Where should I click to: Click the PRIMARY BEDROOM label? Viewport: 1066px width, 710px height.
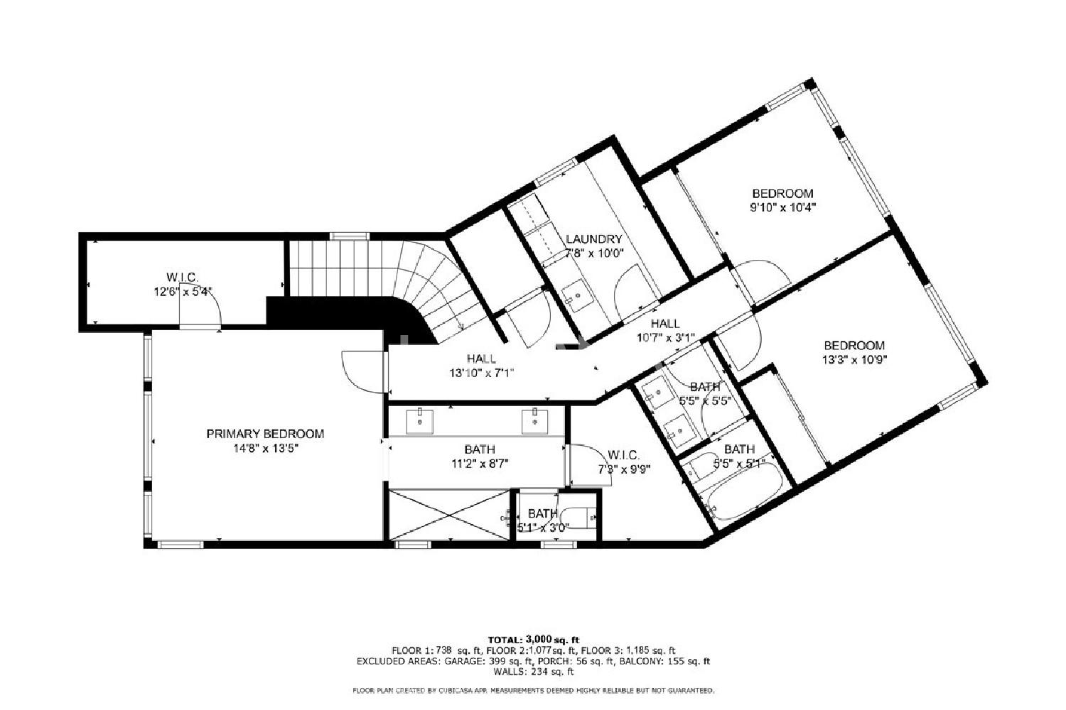coord(265,434)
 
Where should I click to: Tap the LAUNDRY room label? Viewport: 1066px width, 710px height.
coord(594,239)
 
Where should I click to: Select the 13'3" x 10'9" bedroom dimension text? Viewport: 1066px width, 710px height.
coord(855,360)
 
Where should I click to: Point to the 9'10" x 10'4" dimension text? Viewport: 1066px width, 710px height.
coord(783,208)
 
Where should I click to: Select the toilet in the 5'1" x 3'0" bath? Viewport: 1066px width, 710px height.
coord(578,516)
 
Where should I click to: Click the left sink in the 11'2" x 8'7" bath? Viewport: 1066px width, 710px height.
coord(420,420)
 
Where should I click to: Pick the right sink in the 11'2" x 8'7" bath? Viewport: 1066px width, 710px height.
coord(535,420)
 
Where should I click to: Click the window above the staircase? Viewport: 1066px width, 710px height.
coord(350,236)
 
